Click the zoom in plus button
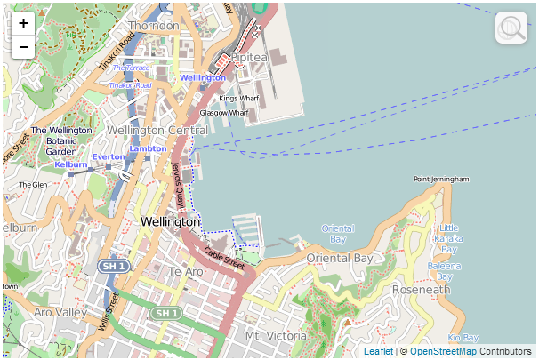[23, 24]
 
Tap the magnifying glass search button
[511, 28]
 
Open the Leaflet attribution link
[378, 352]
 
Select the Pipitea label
[249, 57]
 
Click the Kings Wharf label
[239, 98]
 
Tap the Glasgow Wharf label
[223, 113]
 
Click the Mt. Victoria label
[276, 336]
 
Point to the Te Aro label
[187, 271]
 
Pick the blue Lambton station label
[148, 148]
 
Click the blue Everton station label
[109, 157]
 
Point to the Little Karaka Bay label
[450, 234]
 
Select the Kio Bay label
[463, 338]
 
